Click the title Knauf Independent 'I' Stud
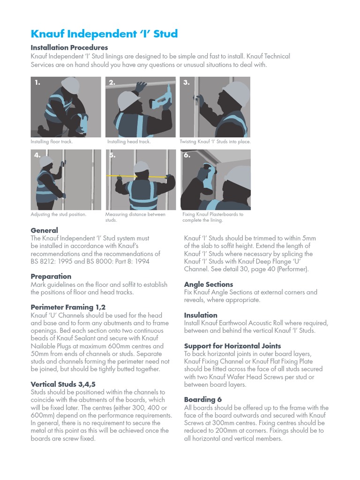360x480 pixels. [x=104, y=34]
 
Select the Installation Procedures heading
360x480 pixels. [x=69, y=48]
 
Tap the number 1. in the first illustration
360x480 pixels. [x=37, y=83]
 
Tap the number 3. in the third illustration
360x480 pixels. [x=186, y=83]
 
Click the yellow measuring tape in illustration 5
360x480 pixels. [x=140, y=176]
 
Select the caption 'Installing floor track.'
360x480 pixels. [x=52, y=142]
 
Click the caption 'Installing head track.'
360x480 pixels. [x=128, y=142]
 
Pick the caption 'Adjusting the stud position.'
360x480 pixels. [x=59, y=215]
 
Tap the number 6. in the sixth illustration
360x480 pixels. [x=187, y=156]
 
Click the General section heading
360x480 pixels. [x=44, y=230]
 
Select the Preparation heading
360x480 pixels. [x=51, y=277]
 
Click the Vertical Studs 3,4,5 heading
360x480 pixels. [x=63, y=384]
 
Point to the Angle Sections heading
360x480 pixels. [x=208, y=285]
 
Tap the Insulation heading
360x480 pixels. [x=201, y=315]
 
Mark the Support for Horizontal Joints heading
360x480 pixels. [x=232, y=346]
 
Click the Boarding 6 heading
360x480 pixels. [x=202, y=400]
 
